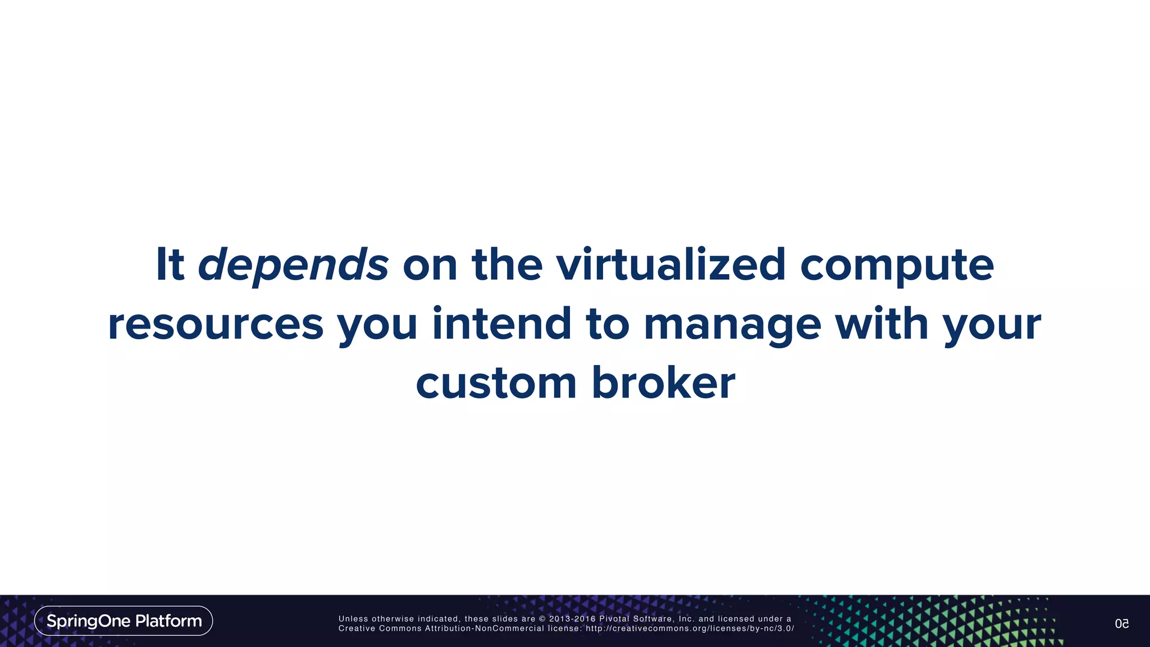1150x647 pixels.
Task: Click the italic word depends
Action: (293, 265)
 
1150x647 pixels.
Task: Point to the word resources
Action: (216, 325)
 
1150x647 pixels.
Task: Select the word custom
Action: (496, 384)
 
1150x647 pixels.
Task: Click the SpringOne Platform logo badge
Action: (124, 621)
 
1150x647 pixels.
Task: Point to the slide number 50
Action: (1121, 624)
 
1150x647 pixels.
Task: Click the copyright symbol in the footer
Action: (542, 619)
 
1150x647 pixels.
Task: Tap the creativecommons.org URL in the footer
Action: (690, 628)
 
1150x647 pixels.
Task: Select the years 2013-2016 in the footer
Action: (572, 619)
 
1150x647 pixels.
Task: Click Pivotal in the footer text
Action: (614, 619)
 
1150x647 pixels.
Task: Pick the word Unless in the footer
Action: (353, 619)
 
